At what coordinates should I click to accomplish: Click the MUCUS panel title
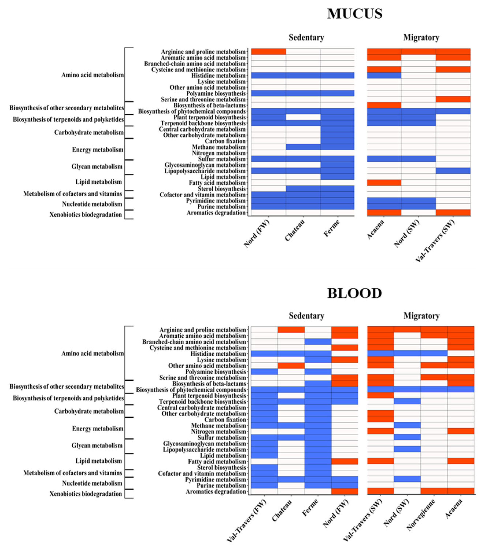(x=355, y=14)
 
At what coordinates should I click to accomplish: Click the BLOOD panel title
(x=355, y=293)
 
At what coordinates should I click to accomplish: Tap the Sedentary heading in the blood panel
(x=306, y=316)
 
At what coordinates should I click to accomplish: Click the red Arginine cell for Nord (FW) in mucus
(x=268, y=51)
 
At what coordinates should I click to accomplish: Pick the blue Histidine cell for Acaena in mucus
(x=384, y=75)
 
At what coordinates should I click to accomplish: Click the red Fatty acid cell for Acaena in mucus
(x=384, y=183)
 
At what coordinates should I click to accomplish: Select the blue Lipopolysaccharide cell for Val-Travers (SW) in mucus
(x=453, y=171)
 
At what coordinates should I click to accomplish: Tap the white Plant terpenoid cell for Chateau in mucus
(x=303, y=117)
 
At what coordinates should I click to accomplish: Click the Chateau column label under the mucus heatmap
(x=295, y=230)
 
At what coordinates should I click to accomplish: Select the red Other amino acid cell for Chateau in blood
(x=291, y=366)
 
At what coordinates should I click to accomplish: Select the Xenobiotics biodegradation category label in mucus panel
(x=86, y=215)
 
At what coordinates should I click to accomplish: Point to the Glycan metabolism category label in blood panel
(x=97, y=445)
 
